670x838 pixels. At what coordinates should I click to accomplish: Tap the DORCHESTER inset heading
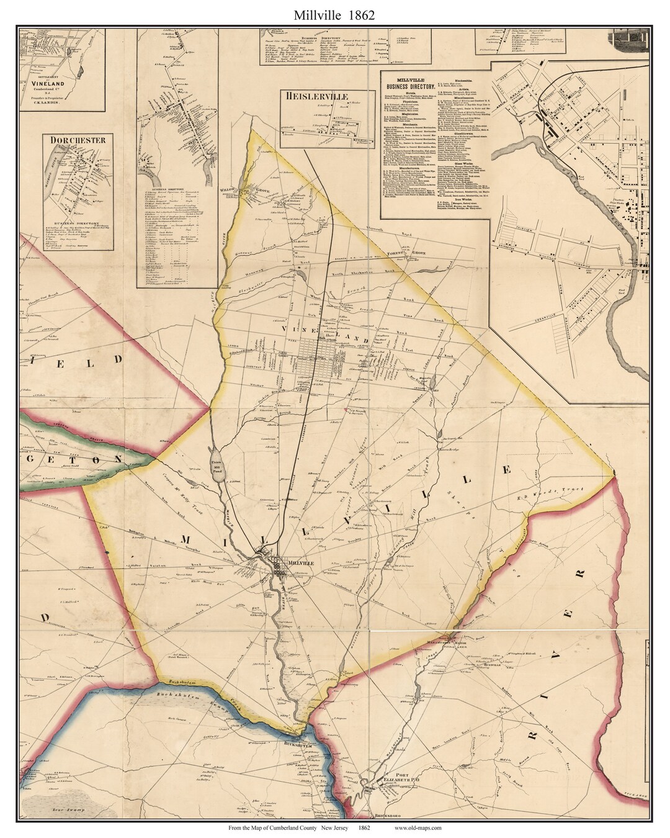click(x=78, y=140)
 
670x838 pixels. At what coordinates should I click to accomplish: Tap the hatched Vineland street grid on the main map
click(x=316, y=356)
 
